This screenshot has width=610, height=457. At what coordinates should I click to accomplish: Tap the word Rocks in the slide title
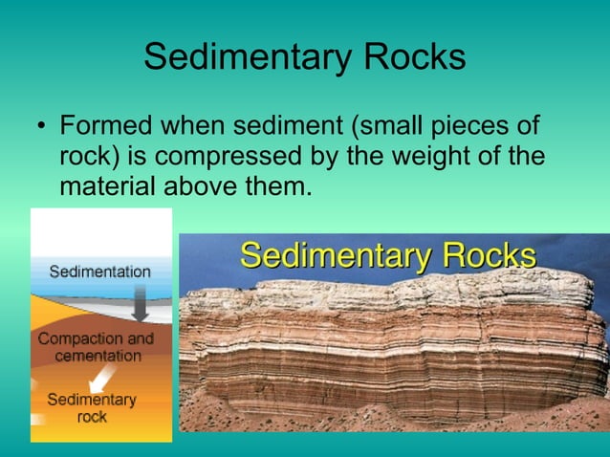point(412,57)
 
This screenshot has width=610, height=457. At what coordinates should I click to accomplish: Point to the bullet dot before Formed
point(41,127)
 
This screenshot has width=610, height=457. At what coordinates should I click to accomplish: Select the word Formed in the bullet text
point(105,126)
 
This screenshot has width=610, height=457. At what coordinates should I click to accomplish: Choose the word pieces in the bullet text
point(470,126)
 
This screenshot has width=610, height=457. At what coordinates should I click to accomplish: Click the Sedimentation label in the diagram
point(99,272)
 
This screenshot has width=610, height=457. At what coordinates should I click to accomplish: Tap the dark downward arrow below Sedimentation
point(140,304)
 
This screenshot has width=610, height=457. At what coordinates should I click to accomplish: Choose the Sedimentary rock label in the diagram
point(92,408)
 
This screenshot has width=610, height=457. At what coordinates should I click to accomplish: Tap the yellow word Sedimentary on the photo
point(337,256)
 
